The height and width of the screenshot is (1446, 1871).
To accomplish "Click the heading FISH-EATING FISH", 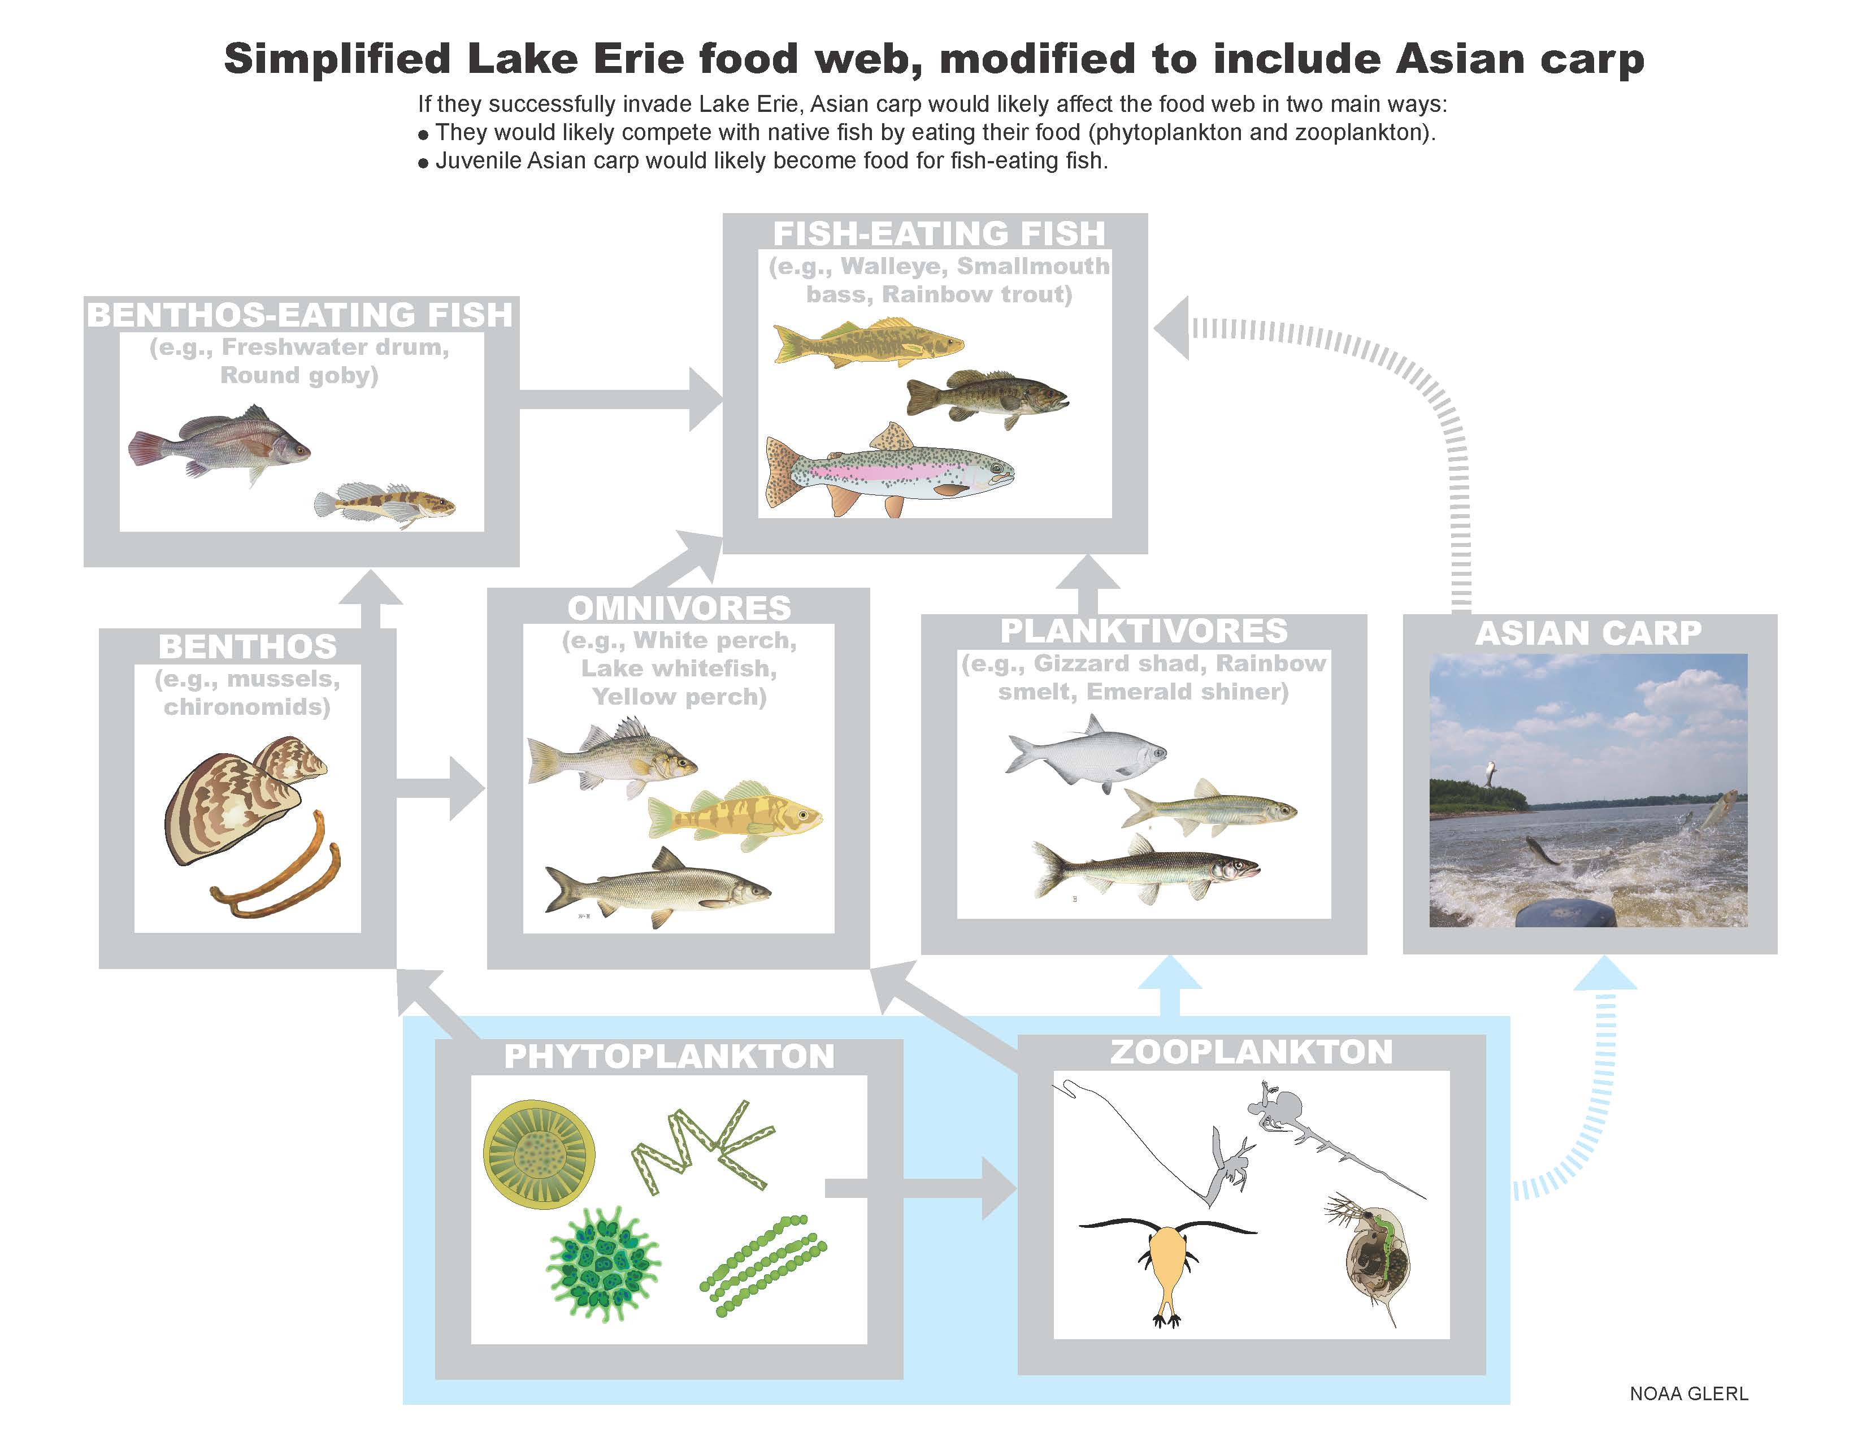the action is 939,233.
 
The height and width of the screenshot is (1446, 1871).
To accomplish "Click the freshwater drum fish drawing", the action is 219,445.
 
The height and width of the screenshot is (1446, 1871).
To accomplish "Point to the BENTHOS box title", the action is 248,646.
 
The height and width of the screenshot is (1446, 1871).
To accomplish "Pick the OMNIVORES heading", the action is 679,607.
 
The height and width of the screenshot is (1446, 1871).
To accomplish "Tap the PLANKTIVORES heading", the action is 1144,631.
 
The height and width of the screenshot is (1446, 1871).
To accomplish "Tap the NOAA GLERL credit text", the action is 1688,1394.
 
